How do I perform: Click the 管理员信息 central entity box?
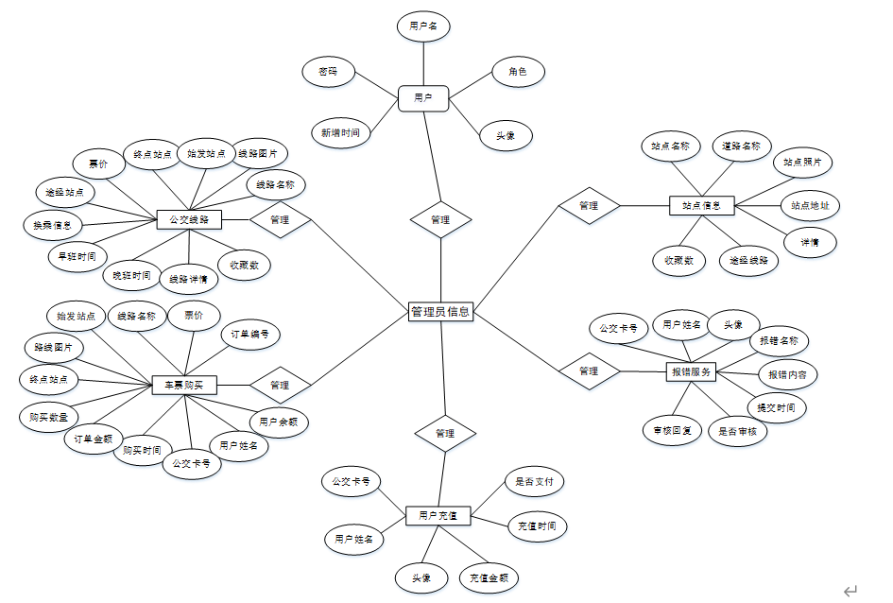[440, 311]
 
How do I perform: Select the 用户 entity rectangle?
[422, 97]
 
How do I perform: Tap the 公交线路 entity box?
[189, 220]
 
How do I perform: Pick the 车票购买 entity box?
[184, 385]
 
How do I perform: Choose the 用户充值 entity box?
[438, 515]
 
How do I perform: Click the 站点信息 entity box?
[701, 204]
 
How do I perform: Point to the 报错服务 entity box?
[691, 371]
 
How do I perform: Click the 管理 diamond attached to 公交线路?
[280, 220]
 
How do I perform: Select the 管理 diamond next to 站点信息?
[589, 205]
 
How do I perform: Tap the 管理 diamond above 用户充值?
[445, 433]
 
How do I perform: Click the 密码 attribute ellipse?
[328, 72]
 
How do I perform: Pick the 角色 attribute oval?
[517, 72]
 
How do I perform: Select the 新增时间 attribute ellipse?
[340, 132]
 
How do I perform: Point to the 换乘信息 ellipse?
[53, 225]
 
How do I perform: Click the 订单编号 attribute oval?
[250, 334]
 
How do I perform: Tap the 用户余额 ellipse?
[278, 421]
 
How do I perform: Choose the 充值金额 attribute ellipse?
[489, 577]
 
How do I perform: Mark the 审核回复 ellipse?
[672, 430]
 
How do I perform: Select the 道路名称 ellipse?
[742, 146]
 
